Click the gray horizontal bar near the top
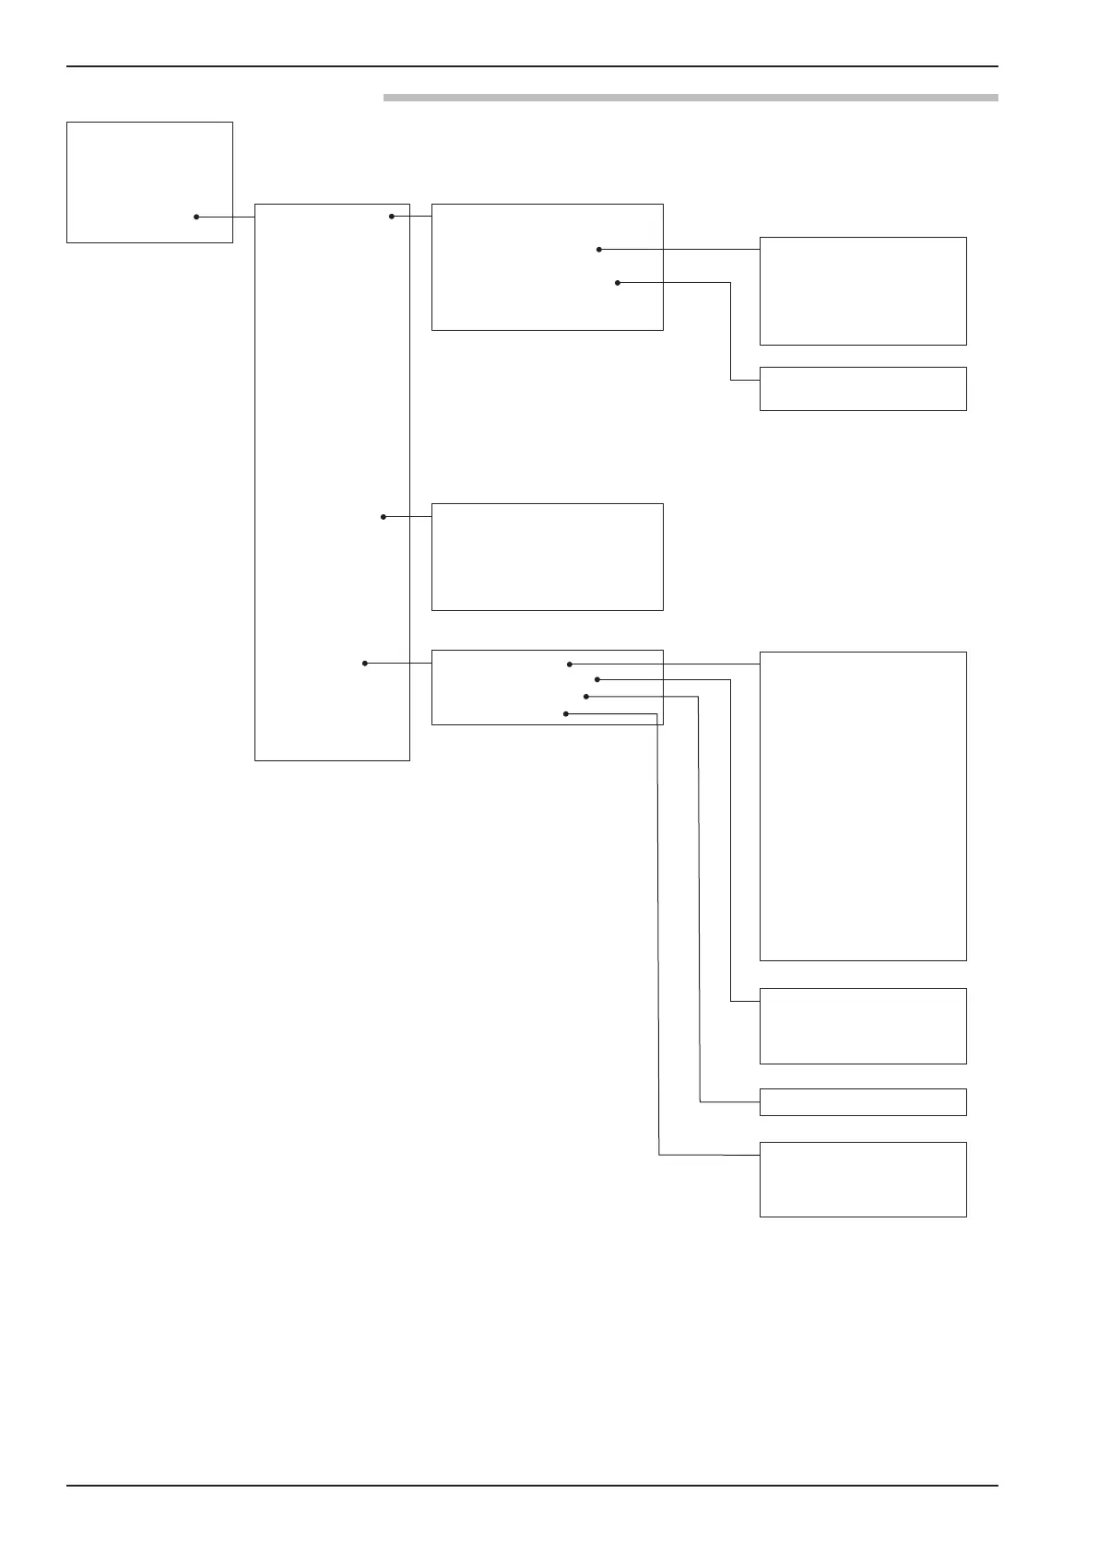point(691,97)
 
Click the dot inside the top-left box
point(196,218)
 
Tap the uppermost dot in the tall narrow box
point(392,217)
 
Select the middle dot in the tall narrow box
point(384,517)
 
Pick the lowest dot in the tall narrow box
point(365,663)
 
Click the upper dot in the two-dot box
point(599,249)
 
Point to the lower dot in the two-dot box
point(618,283)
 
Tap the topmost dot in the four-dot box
point(570,664)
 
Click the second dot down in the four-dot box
point(597,679)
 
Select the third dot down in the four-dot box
point(585,697)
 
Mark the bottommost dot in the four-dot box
point(565,713)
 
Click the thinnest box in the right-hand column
point(862,1102)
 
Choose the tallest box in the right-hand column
point(862,806)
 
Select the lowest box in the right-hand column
point(862,1180)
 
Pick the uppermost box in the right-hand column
point(862,291)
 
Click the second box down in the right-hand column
point(862,389)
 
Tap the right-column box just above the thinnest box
point(862,1026)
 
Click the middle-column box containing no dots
point(547,557)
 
